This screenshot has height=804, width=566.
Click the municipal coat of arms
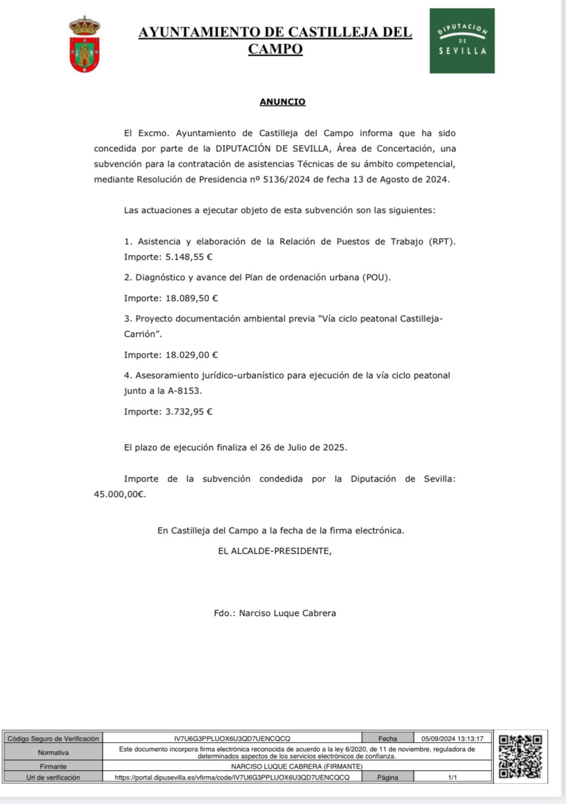click(85, 44)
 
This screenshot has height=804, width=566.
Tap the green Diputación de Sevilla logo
click(462, 41)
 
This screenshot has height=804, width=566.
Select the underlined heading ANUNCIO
click(282, 102)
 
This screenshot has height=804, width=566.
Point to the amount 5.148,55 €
click(189, 257)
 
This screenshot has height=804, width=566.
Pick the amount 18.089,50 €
click(192, 299)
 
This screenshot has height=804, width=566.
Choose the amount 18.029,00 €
click(192, 355)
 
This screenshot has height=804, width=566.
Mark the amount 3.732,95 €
click(189, 412)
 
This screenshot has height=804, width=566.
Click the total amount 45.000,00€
click(119, 495)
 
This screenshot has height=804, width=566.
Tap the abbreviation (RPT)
click(442, 242)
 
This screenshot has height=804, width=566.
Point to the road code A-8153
click(185, 391)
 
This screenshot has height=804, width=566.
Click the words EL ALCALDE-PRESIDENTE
click(275, 551)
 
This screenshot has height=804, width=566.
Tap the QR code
click(520, 756)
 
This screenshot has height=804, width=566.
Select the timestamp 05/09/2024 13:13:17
click(453, 739)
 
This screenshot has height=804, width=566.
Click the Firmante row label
click(53, 767)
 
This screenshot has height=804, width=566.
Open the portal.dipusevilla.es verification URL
click(232, 777)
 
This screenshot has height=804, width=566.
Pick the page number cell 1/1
click(453, 777)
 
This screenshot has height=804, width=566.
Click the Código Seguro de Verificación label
click(53, 739)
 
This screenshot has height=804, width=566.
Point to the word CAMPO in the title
click(275, 49)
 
